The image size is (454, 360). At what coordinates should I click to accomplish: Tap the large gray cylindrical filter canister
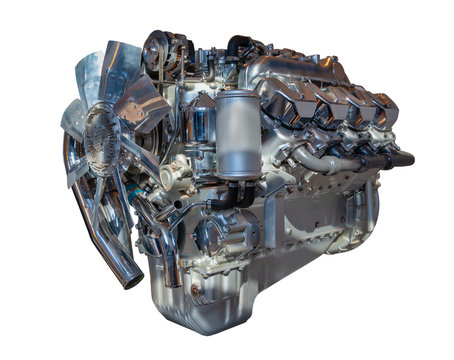[237, 134]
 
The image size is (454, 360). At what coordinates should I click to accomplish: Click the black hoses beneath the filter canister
[240, 195]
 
